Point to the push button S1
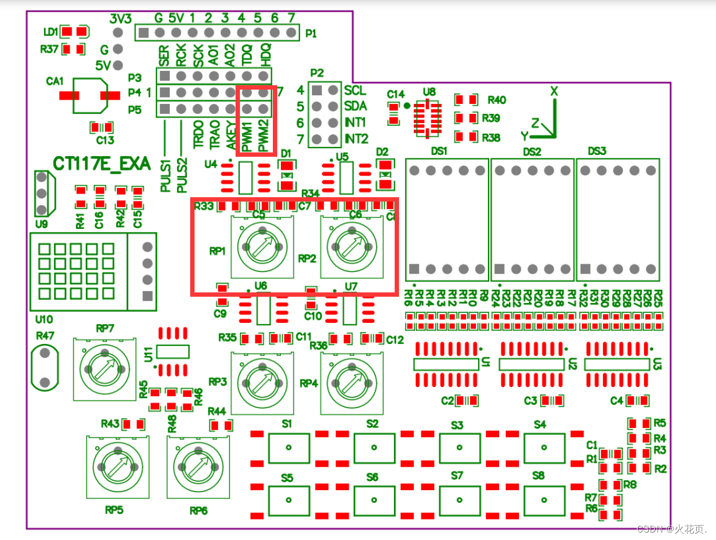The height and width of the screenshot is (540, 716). coord(288,447)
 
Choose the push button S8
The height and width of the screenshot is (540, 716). coord(544,499)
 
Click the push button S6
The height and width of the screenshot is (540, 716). coord(374,499)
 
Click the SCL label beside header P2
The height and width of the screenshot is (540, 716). coord(355,90)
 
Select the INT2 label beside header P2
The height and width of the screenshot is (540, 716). coord(356,138)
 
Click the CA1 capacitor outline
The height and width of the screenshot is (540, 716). coord(89,96)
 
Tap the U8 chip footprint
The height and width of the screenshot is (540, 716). coord(428,116)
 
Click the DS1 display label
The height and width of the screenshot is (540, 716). coord(439,151)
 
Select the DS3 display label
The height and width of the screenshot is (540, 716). coord(597,151)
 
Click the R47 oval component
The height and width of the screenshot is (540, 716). coord(44,368)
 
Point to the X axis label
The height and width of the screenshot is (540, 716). coord(554,91)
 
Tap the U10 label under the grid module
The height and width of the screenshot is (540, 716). coord(44,319)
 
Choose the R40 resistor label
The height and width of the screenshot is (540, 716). coord(497,100)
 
